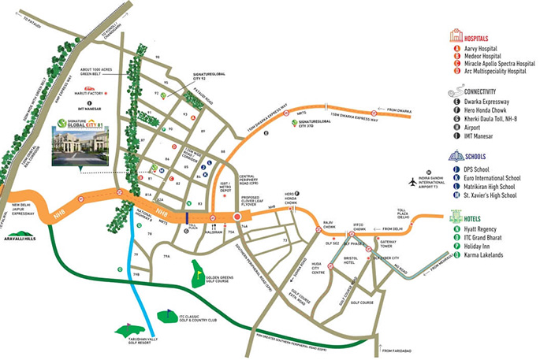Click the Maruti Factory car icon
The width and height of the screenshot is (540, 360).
click(90, 88)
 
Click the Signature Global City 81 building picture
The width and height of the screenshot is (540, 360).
click(79, 147)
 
